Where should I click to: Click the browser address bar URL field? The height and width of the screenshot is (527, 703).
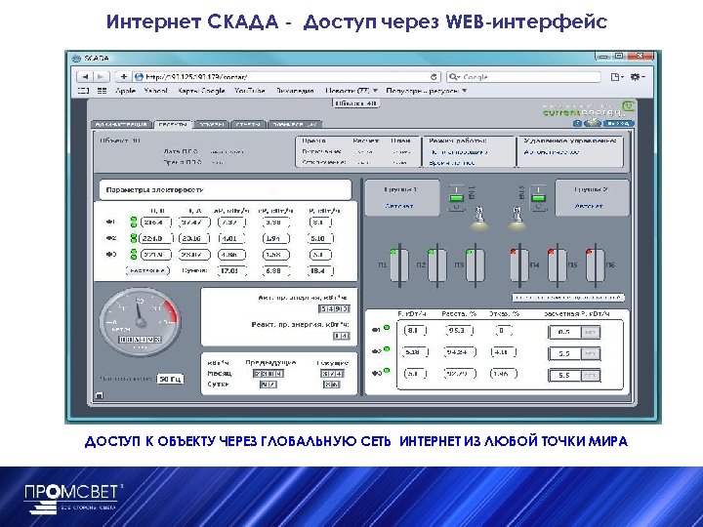283,76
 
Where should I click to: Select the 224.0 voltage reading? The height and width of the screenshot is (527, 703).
150,237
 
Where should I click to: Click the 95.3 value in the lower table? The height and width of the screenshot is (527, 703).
456,330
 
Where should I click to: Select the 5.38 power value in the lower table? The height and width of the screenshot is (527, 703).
413,352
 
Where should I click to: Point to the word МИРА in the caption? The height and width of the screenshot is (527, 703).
606,442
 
